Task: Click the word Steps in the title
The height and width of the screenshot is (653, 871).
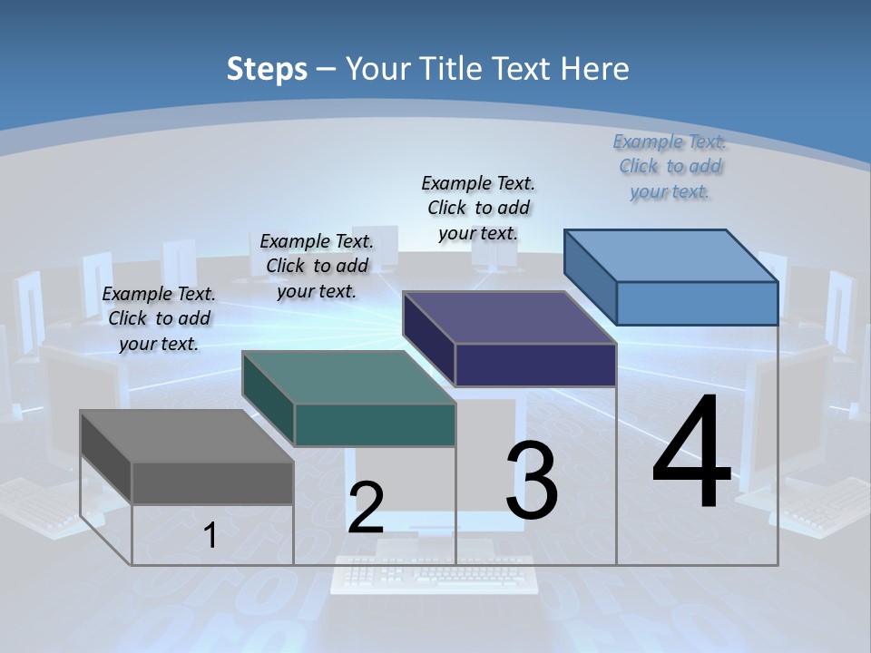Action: pos(266,69)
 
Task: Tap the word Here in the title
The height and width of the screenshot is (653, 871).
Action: pos(593,69)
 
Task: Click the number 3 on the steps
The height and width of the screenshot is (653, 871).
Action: pos(532,481)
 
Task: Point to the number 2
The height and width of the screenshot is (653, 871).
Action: pos(366,508)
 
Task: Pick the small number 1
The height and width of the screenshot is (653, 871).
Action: pos(210,535)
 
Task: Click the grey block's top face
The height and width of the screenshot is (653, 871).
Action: pos(186,435)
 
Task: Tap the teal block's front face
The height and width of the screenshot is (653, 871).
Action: pos(375,424)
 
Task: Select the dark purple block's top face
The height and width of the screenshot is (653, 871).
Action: pos(509,317)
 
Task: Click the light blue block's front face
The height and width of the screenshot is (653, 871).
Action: pos(697,303)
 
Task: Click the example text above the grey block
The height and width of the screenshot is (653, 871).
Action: pos(159,318)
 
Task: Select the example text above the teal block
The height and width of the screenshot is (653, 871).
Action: pos(317,266)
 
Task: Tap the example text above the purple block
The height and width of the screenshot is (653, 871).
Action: pos(478,208)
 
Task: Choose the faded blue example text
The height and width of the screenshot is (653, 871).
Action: pos(670,166)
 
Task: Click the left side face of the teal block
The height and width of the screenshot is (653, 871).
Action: pos(268,399)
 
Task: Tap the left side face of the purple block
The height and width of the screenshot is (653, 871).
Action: pos(428,339)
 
